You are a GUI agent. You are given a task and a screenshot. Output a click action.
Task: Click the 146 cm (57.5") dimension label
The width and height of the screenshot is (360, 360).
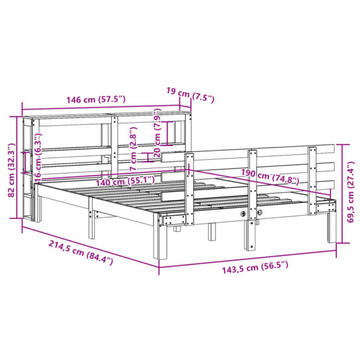[x=96, y=99]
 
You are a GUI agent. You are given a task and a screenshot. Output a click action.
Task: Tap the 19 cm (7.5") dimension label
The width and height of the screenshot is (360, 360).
[x=190, y=94]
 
